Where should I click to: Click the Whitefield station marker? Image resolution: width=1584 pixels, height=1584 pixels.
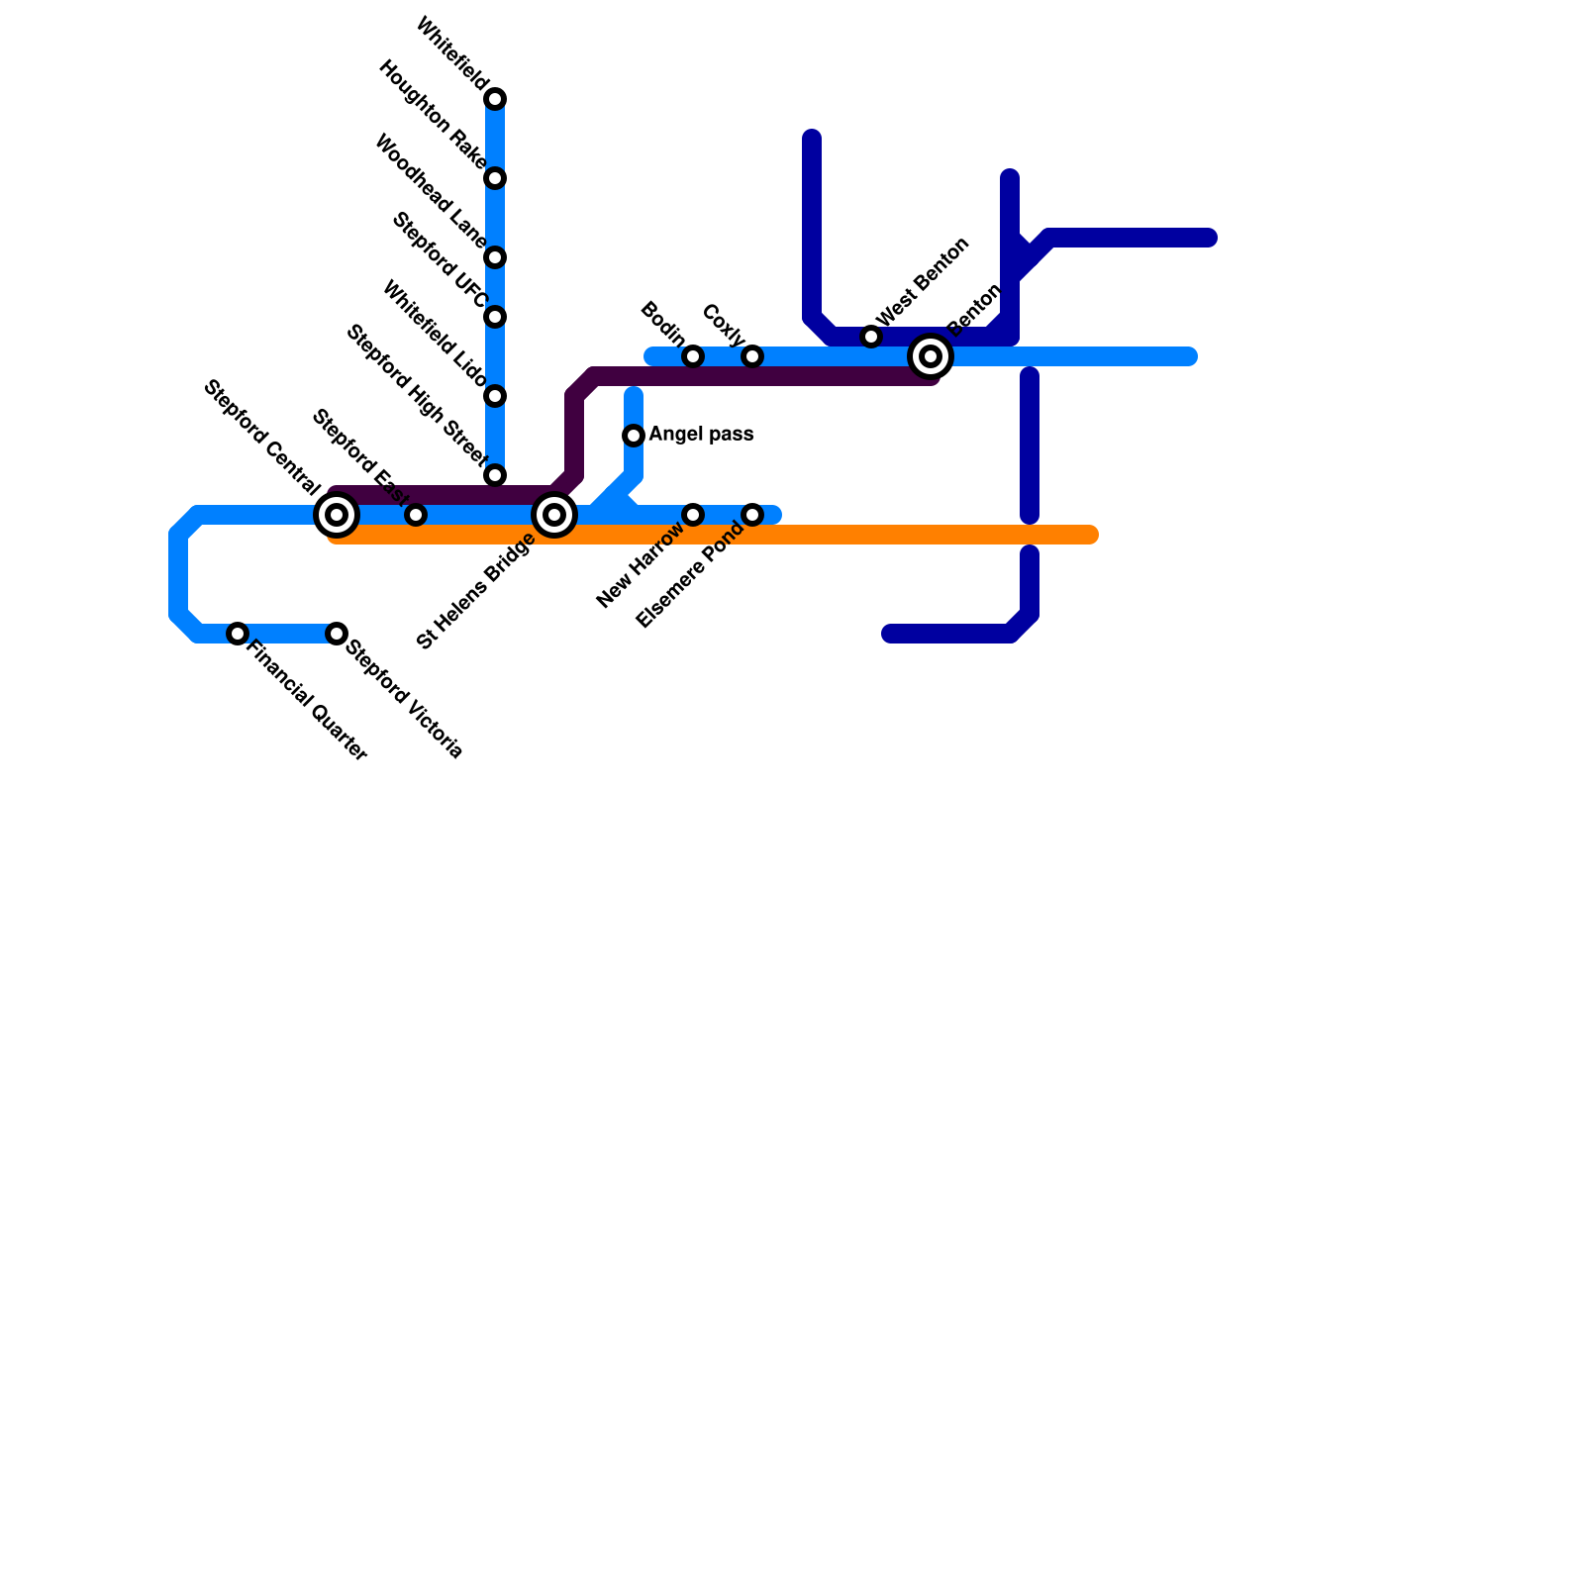click(495, 99)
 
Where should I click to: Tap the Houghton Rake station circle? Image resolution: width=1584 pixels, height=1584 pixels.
click(495, 178)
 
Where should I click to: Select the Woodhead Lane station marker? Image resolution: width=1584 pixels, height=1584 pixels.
click(495, 257)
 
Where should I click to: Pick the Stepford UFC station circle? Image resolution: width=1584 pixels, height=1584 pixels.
click(495, 317)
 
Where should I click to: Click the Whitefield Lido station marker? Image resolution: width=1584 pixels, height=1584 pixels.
click(495, 396)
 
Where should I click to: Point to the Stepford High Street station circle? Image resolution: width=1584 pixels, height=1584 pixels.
click(495, 475)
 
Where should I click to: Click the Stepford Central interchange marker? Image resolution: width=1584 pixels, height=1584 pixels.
click(337, 515)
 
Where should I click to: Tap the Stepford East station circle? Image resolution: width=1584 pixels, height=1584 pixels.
click(416, 515)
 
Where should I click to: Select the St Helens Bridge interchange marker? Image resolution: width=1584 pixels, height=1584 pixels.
click(554, 515)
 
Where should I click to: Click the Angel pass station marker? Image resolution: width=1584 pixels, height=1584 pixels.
click(634, 436)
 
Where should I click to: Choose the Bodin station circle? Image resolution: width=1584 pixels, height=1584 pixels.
click(693, 356)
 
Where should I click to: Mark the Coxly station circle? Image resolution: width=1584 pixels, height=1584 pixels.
click(752, 356)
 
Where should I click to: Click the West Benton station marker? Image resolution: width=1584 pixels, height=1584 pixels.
click(871, 337)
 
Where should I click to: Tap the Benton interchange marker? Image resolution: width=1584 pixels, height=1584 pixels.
click(931, 356)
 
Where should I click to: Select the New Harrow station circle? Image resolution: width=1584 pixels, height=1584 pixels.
click(693, 515)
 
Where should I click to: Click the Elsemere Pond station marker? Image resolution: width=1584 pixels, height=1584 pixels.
click(752, 515)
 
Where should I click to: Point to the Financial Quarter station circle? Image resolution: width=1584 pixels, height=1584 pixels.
click(238, 634)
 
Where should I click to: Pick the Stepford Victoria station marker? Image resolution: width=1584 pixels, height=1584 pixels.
click(337, 634)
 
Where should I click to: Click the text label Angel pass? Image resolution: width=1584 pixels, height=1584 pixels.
click(701, 435)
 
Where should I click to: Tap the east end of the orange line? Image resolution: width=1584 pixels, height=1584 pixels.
click(1091, 536)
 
